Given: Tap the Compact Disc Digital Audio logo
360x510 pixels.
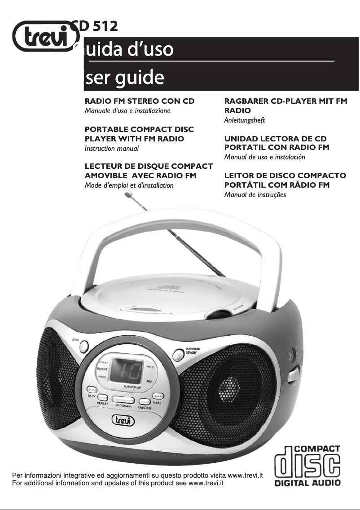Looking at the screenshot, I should (307, 466).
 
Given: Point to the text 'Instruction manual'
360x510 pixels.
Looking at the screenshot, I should (112, 148).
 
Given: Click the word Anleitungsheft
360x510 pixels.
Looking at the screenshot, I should (245, 120).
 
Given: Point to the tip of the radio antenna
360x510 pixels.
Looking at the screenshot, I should (130, 194).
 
